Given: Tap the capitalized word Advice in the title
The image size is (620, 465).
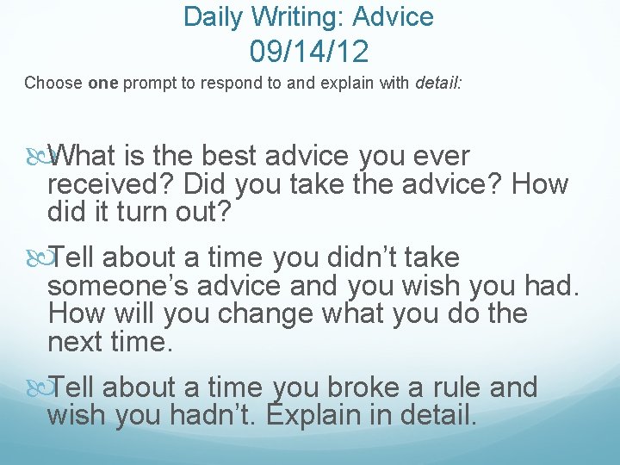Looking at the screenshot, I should pyautogui.click(x=394, y=15).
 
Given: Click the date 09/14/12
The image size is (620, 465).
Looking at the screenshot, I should pyautogui.click(x=309, y=53).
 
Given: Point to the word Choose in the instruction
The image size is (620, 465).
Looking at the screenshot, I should pyautogui.click(x=53, y=84).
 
